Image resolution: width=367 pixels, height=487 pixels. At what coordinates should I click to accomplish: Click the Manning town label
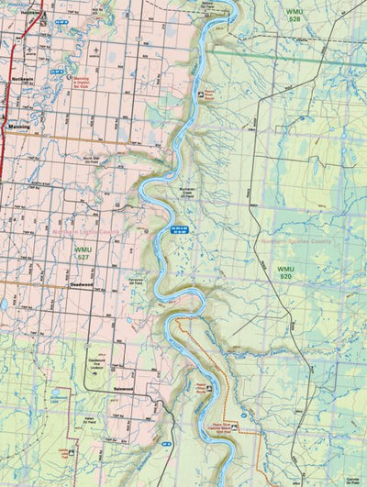18,128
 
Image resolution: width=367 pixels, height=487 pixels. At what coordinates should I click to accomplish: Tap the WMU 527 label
84,253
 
